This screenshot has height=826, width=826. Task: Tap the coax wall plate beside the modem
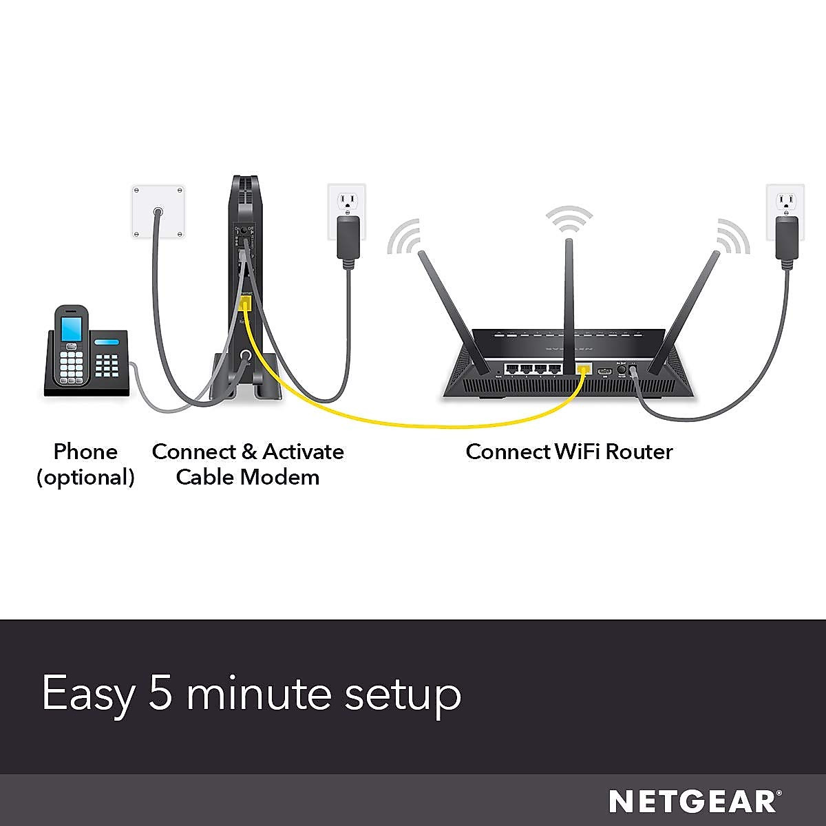(159, 212)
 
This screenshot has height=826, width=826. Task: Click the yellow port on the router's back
(584, 369)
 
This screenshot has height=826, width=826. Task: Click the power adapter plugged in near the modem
(348, 237)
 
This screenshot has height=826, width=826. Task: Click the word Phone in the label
(85, 452)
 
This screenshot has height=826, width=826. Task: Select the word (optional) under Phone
(85, 477)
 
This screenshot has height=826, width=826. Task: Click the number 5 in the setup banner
(163, 693)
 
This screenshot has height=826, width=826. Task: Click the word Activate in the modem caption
(303, 452)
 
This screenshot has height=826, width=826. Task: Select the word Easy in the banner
(87, 694)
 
